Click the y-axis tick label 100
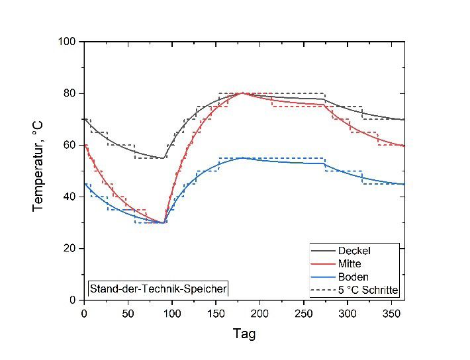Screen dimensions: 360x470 [x=69, y=42]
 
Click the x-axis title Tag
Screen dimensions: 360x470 [x=244, y=334]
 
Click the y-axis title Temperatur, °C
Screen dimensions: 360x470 [x=38, y=170]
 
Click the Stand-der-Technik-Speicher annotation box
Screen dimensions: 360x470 [x=158, y=289]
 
